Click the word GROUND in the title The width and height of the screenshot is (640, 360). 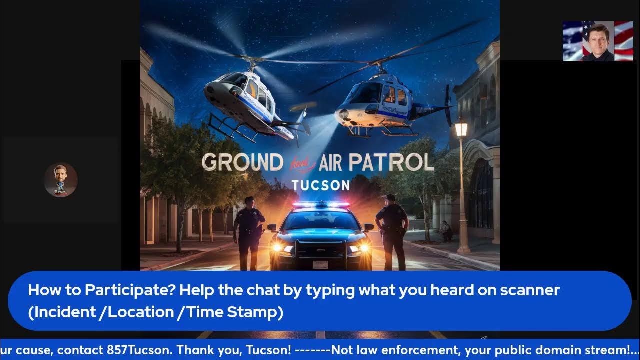coord(242,163)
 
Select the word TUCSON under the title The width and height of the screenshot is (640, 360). coord(320,185)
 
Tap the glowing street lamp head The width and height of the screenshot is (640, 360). coord(461,128)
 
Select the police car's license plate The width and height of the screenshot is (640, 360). coord(320,264)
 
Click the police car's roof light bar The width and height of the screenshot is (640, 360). coord(320,205)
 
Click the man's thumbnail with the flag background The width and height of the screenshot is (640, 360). coord(598,41)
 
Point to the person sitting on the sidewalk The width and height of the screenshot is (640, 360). coord(445,231)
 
